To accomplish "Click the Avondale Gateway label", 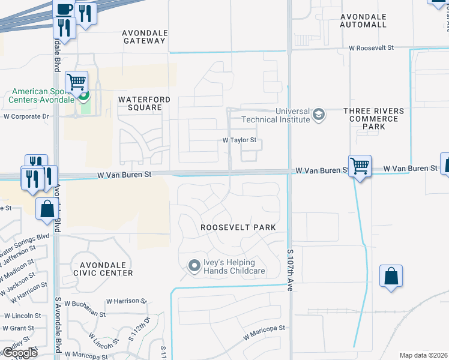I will (143, 37).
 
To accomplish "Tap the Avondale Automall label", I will (363, 20).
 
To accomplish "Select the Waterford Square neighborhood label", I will (140, 103).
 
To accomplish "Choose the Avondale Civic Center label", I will (102, 268).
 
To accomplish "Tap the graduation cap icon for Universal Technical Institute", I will (319, 115).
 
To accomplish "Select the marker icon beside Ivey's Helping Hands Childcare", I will (194, 265).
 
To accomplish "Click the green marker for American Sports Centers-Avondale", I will (84, 94).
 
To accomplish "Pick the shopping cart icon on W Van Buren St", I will (360, 165).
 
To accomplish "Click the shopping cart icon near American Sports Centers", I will (76, 82).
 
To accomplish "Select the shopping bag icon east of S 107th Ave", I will (391, 276).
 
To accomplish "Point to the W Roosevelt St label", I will (372, 47).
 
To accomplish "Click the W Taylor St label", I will (240, 140).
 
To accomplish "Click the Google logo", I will (20, 353).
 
